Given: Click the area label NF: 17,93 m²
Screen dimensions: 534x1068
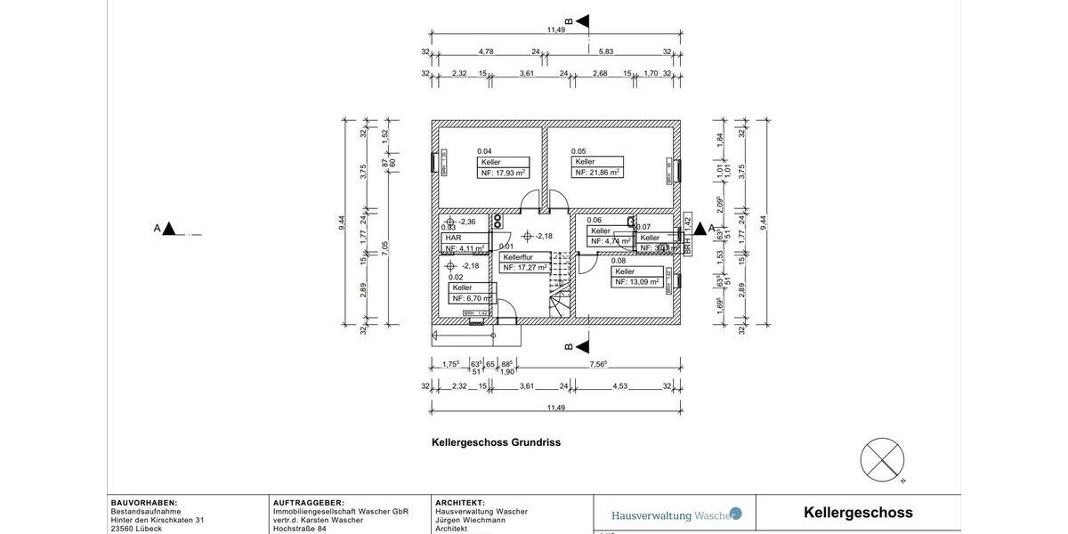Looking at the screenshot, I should pyautogui.click(x=503, y=174).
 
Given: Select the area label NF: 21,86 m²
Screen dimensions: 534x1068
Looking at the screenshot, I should pyautogui.click(x=597, y=173).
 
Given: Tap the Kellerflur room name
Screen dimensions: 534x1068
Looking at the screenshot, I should pyautogui.click(x=518, y=257).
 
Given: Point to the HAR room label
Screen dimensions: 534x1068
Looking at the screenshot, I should pyautogui.click(x=453, y=238).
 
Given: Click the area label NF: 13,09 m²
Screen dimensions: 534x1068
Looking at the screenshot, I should pyautogui.click(x=637, y=282).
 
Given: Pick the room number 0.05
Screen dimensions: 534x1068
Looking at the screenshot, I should pyautogui.click(x=578, y=151).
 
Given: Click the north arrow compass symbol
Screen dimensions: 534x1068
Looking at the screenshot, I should pyautogui.click(x=882, y=460).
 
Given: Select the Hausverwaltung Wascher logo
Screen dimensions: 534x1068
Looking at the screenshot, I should pyautogui.click(x=676, y=514).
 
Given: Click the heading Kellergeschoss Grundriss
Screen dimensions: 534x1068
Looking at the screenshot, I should pyautogui.click(x=496, y=442).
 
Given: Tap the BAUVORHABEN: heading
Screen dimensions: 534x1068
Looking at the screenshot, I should pyautogui.click(x=144, y=503).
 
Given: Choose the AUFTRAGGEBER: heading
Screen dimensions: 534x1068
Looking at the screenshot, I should pyautogui.click(x=308, y=503).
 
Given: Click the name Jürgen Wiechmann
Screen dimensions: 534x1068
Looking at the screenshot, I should pyautogui.click(x=472, y=520).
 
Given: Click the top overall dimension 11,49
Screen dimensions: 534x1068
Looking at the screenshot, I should pyautogui.click(x=555, y=30).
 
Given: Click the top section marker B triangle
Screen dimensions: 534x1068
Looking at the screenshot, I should pyautogui.click(x=582, y=20).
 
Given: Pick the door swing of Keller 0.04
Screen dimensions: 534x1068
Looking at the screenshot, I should pyautogui.click(x=530, y=201).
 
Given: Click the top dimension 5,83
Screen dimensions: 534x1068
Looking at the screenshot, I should pyautogui.click(x=606, y=52).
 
